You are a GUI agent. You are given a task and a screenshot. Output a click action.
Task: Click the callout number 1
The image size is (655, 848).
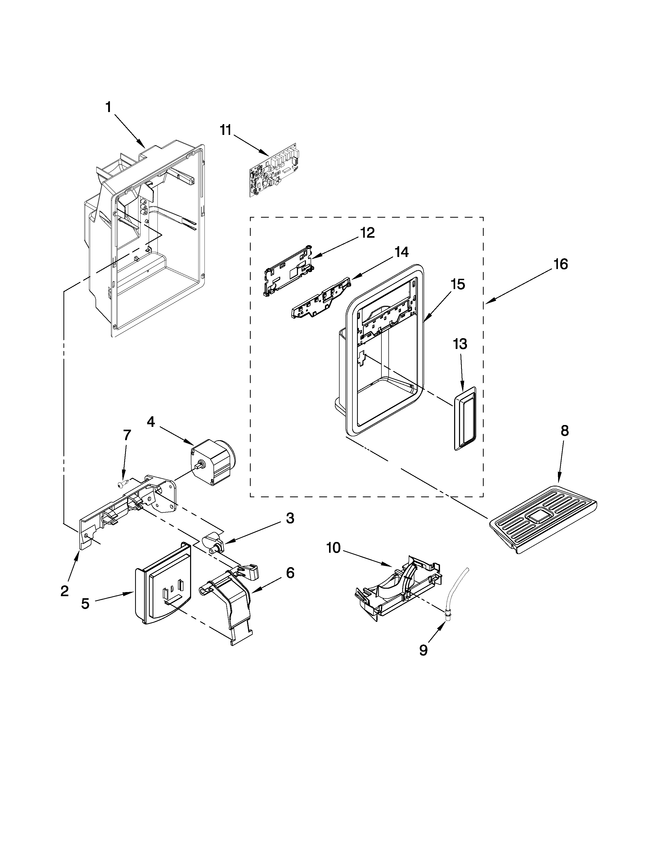click(109, 107)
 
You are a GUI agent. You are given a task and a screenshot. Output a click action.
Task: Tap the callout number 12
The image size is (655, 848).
click(367, 233)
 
